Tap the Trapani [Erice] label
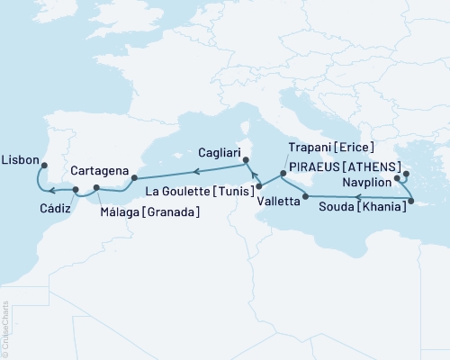pyautogui.click(x=331, y=148)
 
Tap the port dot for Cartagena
pyautogui.click(x=134, y=166)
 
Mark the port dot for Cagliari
pyautogui.click(x=245, y=162)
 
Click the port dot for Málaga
pyautogui.click(x=97, y=187)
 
